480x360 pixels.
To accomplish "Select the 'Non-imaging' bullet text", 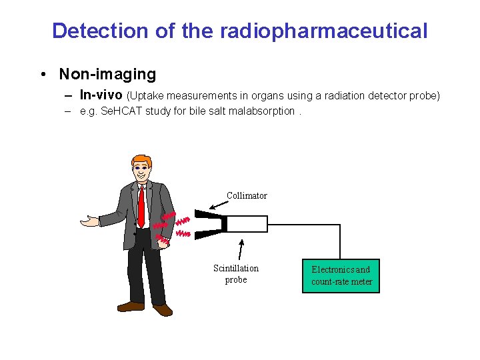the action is pyautogui.click(x=107, y=74).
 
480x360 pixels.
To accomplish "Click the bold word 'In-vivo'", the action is pyautogui.click(x=101, y=95).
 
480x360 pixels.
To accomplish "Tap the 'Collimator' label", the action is pyautogui.click(x=247, y=196).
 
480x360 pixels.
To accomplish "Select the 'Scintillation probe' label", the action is pyautogui.click(x=236, y=274).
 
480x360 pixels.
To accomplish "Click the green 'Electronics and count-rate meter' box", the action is pyautogui.click(x=341, y=276).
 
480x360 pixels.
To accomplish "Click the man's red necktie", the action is pyautogui.click(x=141, y=207).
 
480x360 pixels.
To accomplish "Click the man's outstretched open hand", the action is pyautogui.click(x=89, y=220).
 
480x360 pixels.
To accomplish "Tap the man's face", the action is pyautogui.click(x=143, y=171).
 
